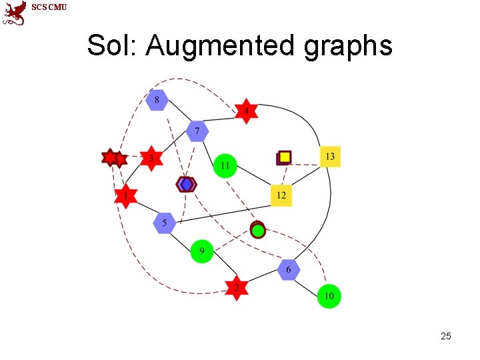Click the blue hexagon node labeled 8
157,101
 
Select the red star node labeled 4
246,110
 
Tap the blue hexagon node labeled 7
197,131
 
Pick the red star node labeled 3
151,158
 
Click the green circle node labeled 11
225,165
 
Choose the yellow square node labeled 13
329,157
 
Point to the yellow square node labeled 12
281,195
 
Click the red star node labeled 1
125,197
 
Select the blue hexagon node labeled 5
164,223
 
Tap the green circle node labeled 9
202,251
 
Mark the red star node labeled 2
236,287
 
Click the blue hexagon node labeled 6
289,269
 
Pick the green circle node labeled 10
329,296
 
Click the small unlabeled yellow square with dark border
284,157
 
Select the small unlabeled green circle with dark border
258,230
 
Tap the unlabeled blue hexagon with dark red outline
186,184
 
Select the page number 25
446,336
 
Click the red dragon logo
15,13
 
